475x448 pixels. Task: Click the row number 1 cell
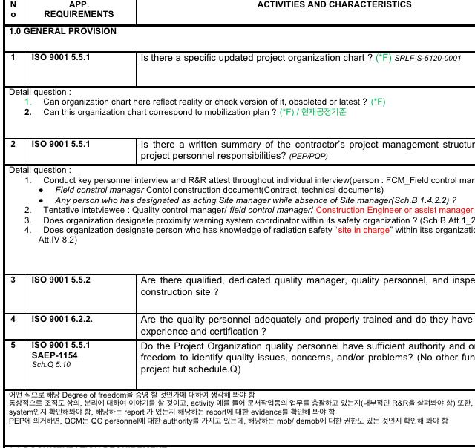coord(13,57)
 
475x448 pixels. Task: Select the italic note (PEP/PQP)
coord(309,157)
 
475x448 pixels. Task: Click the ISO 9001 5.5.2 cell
coord(60,280)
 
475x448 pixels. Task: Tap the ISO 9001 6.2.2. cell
coord(62,320)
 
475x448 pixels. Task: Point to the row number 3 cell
coord(13,280)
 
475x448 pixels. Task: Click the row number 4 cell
coord(13,320)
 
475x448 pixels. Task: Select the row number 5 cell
coord(13,346)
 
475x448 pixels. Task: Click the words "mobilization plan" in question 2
coord(237,113)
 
